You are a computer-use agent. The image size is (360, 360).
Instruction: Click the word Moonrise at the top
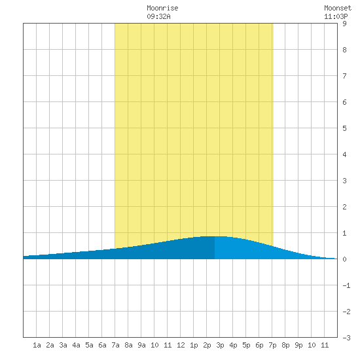point(162,8)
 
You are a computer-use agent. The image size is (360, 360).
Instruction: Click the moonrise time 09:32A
point(158,16)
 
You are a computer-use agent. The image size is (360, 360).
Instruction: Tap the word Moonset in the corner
point(338,8)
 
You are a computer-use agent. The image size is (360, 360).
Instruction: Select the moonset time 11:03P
point(336,16)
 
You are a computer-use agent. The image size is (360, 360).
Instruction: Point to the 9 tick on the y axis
point(344,24)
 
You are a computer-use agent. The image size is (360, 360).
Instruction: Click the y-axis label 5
point(344,128)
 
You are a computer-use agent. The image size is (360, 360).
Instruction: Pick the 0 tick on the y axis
point(344,259)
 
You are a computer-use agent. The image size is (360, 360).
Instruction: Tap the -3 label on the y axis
point(346,338)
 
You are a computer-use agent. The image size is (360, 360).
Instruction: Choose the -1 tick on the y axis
point(346,285)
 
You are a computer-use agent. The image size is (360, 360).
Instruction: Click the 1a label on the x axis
point(37,345)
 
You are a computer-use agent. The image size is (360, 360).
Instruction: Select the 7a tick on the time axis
point(115,345)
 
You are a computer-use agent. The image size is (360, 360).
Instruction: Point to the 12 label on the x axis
point(181,345)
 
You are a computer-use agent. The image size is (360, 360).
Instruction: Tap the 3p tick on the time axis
point(220,345)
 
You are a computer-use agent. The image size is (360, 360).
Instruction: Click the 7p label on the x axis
point(272,345)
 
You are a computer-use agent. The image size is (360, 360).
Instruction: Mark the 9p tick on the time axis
point(298,345)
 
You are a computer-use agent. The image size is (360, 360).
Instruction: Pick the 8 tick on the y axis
point(344,50)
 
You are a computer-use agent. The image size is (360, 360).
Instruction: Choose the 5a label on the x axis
point(89,345)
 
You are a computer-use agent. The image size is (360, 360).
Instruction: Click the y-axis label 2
point(344,207)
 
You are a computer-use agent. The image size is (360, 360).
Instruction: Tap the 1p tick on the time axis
point(194,345)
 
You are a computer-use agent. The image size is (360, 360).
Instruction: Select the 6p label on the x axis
point(259,345)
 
